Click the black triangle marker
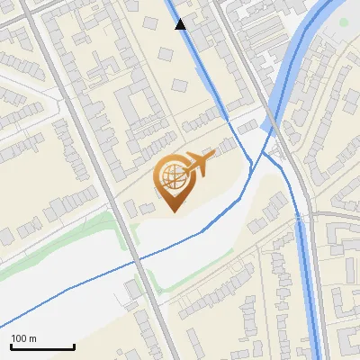(x=181, y=24)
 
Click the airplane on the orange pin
(x=197, y=164)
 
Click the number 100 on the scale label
(x=20, y=338)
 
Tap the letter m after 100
(x=33, y=338)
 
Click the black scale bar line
(x=42, y=347)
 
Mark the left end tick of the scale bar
(x=12, y=346)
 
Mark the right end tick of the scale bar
(x=73, y=346)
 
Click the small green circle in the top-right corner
(x=343, y=22)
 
